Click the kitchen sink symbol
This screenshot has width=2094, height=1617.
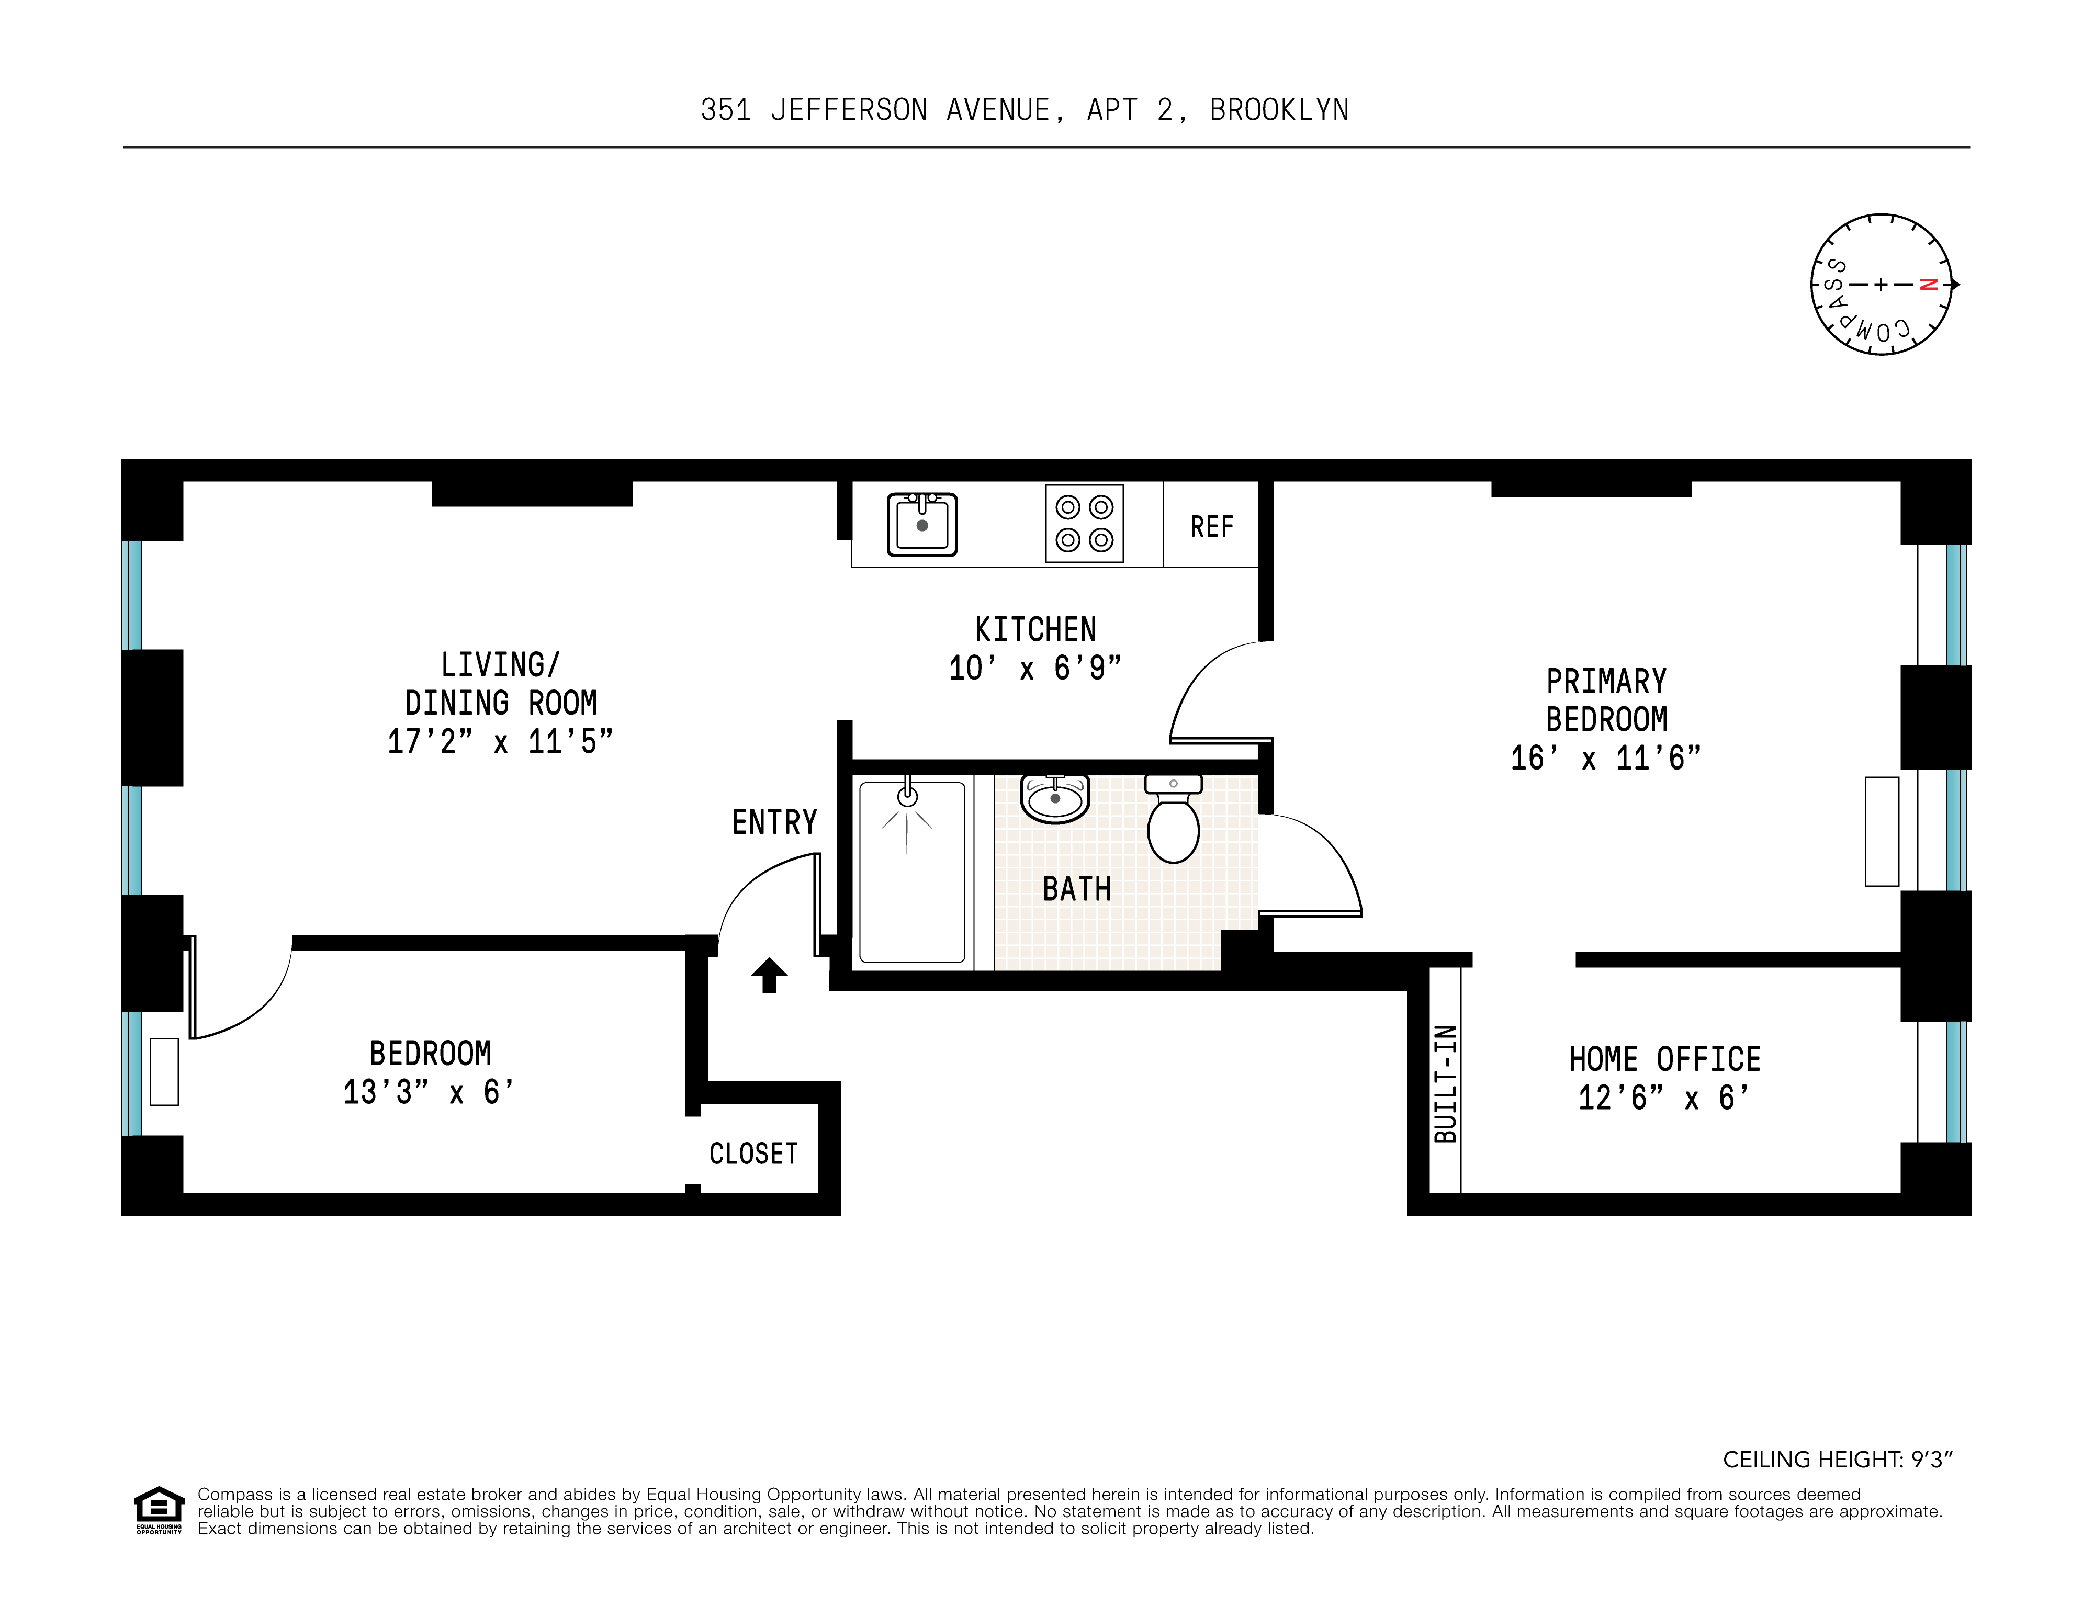(921, 524)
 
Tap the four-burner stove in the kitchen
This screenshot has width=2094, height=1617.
(1084, 523)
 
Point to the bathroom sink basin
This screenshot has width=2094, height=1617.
(1055, 798)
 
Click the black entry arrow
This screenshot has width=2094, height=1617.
(769, 975)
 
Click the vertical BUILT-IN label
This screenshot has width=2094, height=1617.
(1445, 1083)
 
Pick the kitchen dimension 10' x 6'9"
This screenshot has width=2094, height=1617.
(1034, 668)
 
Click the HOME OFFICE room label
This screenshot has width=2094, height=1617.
(1664, 1059)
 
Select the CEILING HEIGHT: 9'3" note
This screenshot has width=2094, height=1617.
(1837, 1459)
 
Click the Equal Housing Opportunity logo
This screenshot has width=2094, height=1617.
(158, 1510)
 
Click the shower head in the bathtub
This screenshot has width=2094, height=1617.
(907, 797)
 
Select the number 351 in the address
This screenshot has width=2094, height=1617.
(726, 110)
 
